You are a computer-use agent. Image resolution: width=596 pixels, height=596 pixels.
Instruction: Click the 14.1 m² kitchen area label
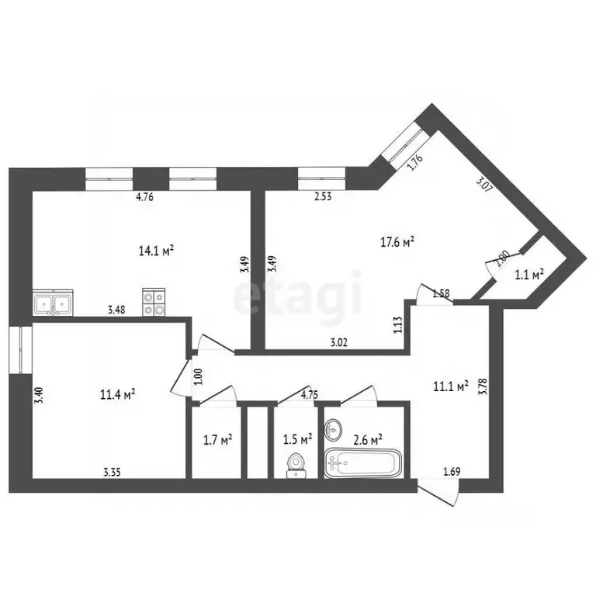click(x=156, y=251)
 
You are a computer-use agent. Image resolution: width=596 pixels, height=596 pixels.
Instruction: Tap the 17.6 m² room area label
click(x=397, y=242)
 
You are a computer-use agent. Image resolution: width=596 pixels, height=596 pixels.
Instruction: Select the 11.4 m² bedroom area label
click(x=117, y=394)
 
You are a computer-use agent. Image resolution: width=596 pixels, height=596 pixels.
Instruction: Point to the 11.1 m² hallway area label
click(x=450, y=386)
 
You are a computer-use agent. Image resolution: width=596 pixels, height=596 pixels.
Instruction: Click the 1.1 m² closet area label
click(x=529, y=275)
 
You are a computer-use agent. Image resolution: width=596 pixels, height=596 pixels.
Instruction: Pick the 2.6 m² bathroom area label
click(x=368, y=440)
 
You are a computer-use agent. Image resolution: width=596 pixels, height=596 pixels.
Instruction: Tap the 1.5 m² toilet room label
click(x=298, y=440)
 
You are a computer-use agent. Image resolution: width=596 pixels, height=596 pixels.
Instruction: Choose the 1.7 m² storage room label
click(x=218, y=440)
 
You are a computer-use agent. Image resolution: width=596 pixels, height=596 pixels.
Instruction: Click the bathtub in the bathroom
click(x=363, y=463)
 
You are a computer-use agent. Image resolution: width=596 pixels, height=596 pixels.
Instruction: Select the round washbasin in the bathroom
click(x=333, y=430)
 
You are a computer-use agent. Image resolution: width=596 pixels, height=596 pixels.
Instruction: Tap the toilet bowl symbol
click(x=296, y=466)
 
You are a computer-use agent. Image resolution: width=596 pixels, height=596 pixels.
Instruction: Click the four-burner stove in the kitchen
click(x=154, y=302)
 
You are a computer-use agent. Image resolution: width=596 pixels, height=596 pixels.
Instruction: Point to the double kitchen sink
click(x=53, y=303)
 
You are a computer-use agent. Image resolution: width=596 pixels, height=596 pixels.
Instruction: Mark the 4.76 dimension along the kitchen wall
click(x=144, y=197)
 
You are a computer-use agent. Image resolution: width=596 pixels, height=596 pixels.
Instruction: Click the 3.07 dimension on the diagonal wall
click(x=484, y=184)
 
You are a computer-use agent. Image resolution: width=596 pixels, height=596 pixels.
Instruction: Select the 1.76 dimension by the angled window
click(x=414, y=163)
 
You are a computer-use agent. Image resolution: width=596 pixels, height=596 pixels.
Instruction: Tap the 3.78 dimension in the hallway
click(x=483, y=386)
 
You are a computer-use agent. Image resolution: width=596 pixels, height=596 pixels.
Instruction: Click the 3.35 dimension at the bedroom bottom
click(x=112, y=472)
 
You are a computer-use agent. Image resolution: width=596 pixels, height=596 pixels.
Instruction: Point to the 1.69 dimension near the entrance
click(x=452, y=472)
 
